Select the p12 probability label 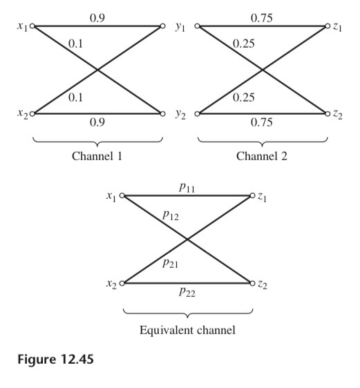point(171,215)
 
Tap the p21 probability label point(170,262)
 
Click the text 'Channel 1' point(97,155)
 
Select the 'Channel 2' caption point(263,155)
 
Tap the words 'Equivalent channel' point(187,330)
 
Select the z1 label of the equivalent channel point(263,197)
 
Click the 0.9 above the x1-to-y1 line point(97,16)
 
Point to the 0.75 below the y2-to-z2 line point(263,123)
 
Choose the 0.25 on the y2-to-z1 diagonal point(243,97)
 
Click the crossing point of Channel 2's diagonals point(263,70)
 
